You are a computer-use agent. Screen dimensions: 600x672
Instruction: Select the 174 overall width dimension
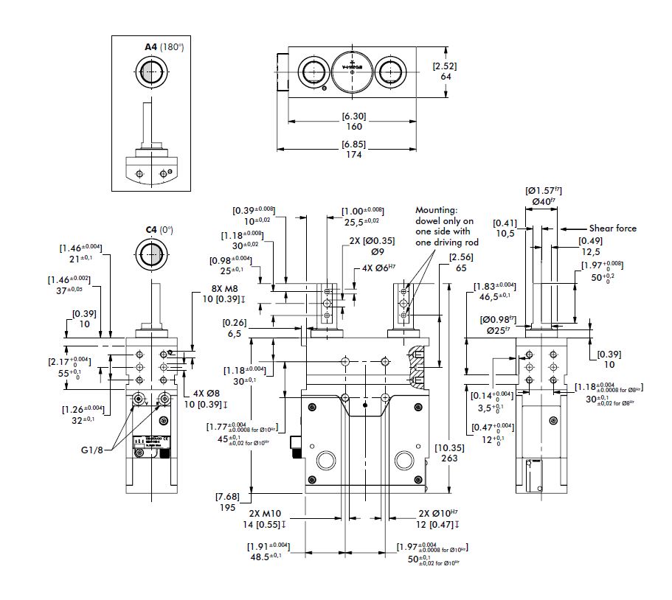354,154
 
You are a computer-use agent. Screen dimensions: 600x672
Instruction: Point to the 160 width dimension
354,127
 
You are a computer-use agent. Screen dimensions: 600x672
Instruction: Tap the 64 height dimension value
445,76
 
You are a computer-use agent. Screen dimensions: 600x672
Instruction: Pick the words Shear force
612,229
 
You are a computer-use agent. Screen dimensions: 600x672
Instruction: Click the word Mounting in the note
437,209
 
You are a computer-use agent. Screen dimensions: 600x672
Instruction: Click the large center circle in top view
352,71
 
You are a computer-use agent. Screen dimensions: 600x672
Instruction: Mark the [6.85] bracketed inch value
354,143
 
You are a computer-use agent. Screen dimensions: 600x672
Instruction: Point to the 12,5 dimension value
588,251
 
